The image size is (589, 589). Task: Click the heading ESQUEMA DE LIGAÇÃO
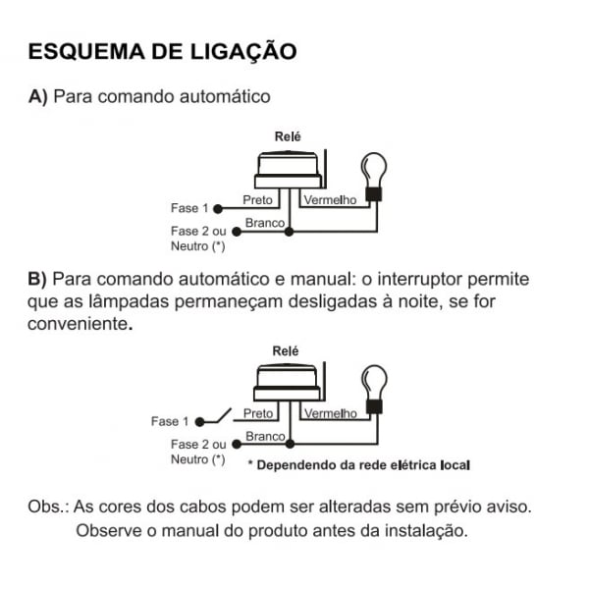point(162,51)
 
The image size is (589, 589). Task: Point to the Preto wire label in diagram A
point(257,200)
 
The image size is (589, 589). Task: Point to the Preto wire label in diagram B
point(257,413)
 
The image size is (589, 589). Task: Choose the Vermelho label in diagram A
point(329,200)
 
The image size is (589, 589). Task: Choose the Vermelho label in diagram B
point(330,413)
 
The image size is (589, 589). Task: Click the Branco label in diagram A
point(264,223)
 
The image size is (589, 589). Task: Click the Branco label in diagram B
point(265,436)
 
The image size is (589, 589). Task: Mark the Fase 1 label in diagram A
point(189,208)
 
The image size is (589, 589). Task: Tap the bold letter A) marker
point(39,97)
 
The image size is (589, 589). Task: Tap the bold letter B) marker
point(39,280)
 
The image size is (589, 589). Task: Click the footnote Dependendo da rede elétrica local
point(361,464)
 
